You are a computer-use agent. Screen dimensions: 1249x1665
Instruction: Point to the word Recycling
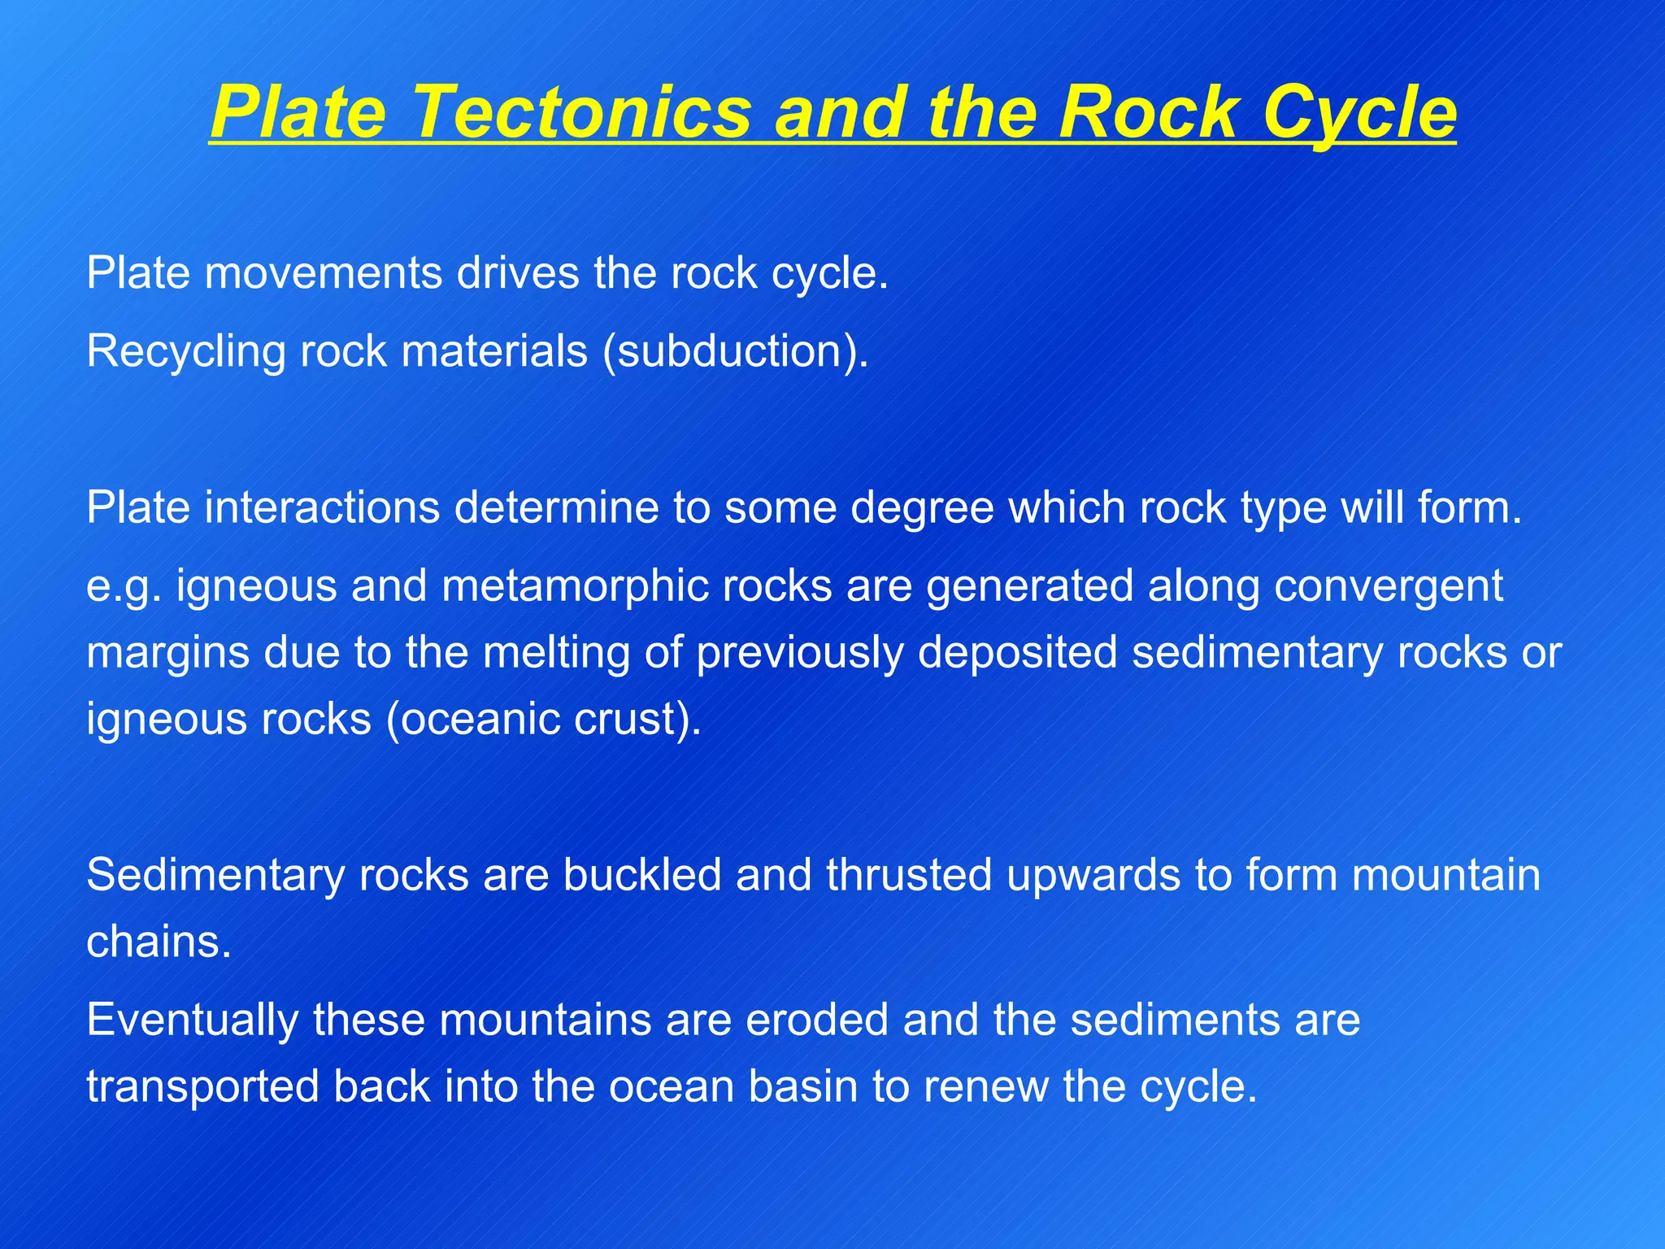pos(186,352)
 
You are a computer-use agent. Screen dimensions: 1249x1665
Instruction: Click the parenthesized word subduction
pos(729,352)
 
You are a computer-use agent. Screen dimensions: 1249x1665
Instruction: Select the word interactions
pos(322,508)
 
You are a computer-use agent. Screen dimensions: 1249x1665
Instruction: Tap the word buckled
pos(642,876)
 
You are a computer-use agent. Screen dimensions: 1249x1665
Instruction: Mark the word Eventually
pos(192,1021)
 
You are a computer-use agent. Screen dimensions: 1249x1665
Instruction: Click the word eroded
pos(816,1021)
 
